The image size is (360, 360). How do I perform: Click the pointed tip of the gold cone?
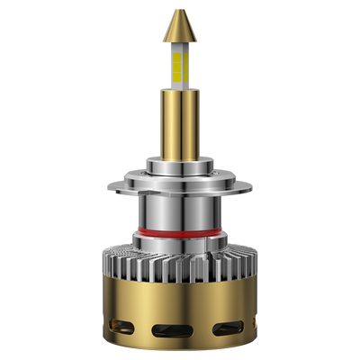click(181, 13)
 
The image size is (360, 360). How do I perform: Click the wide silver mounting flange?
click(180, 190)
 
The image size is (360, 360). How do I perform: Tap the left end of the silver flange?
click(112, 189)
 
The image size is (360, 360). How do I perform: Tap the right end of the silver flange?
click(249, 189)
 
